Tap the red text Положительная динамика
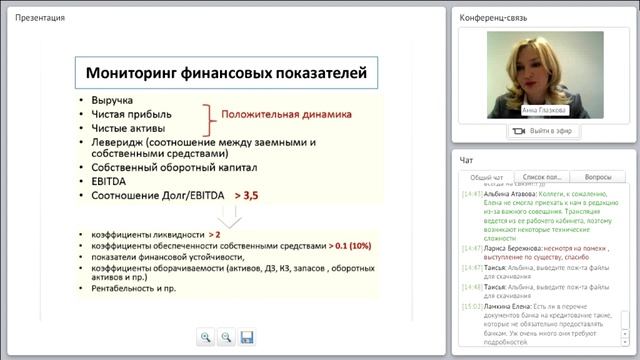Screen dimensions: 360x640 tap(286, 115)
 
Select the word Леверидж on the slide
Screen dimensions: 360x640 tap(119, 142)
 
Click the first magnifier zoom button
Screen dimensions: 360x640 tap(206, 338)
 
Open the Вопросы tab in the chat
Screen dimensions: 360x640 tap(597, 177)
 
